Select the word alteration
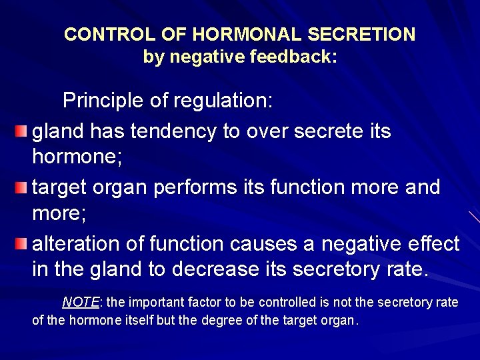point(76,244)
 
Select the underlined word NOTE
point(80,303)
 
